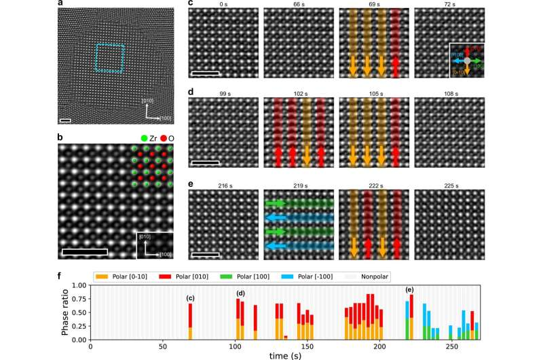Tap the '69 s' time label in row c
[x=371, y=5]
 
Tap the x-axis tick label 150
[x=307, y=347]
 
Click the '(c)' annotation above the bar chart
[x=191, y=297]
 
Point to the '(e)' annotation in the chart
[x=409, y=291]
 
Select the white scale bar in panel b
[x=85, y=252]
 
